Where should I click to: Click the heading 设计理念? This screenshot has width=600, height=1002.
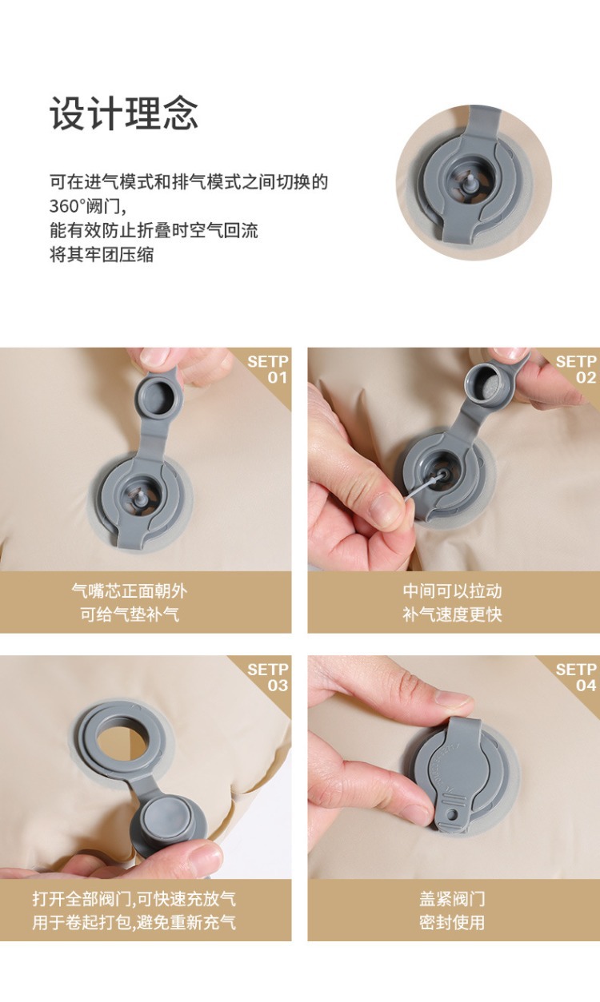(123, 113)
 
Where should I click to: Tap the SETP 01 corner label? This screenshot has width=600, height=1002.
(268, 369)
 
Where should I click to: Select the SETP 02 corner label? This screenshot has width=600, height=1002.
(576, 369)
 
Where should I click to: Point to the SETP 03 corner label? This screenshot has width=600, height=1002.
(268, 678)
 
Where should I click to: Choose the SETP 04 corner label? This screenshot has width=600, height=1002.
(576, 678)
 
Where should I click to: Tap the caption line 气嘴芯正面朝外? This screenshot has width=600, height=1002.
(130, 591)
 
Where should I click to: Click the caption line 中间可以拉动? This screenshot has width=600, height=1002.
(452, 591)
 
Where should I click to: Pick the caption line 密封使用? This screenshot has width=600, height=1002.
(452, 922)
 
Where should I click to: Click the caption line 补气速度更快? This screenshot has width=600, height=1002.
(452, 614)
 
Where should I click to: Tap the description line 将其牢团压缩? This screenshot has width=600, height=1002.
(102, 255)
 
